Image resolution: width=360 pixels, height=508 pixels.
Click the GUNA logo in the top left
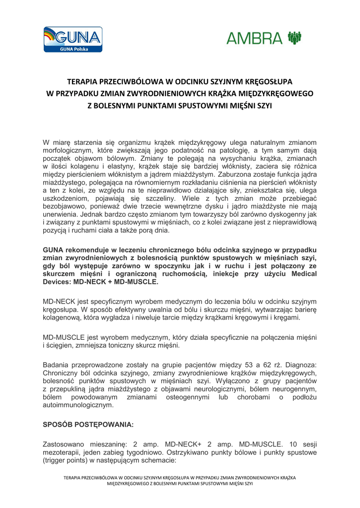(x=72, y=39)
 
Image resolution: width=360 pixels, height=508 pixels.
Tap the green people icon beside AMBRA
(x=294, y=37)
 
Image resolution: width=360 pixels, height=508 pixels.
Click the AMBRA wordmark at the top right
(x=256, y=38)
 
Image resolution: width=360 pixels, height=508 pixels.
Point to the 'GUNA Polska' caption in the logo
(x=73, y=49)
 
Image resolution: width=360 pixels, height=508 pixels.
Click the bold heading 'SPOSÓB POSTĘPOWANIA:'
(x=88, y=425)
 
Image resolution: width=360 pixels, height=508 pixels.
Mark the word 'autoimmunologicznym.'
(x=78, y=405)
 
